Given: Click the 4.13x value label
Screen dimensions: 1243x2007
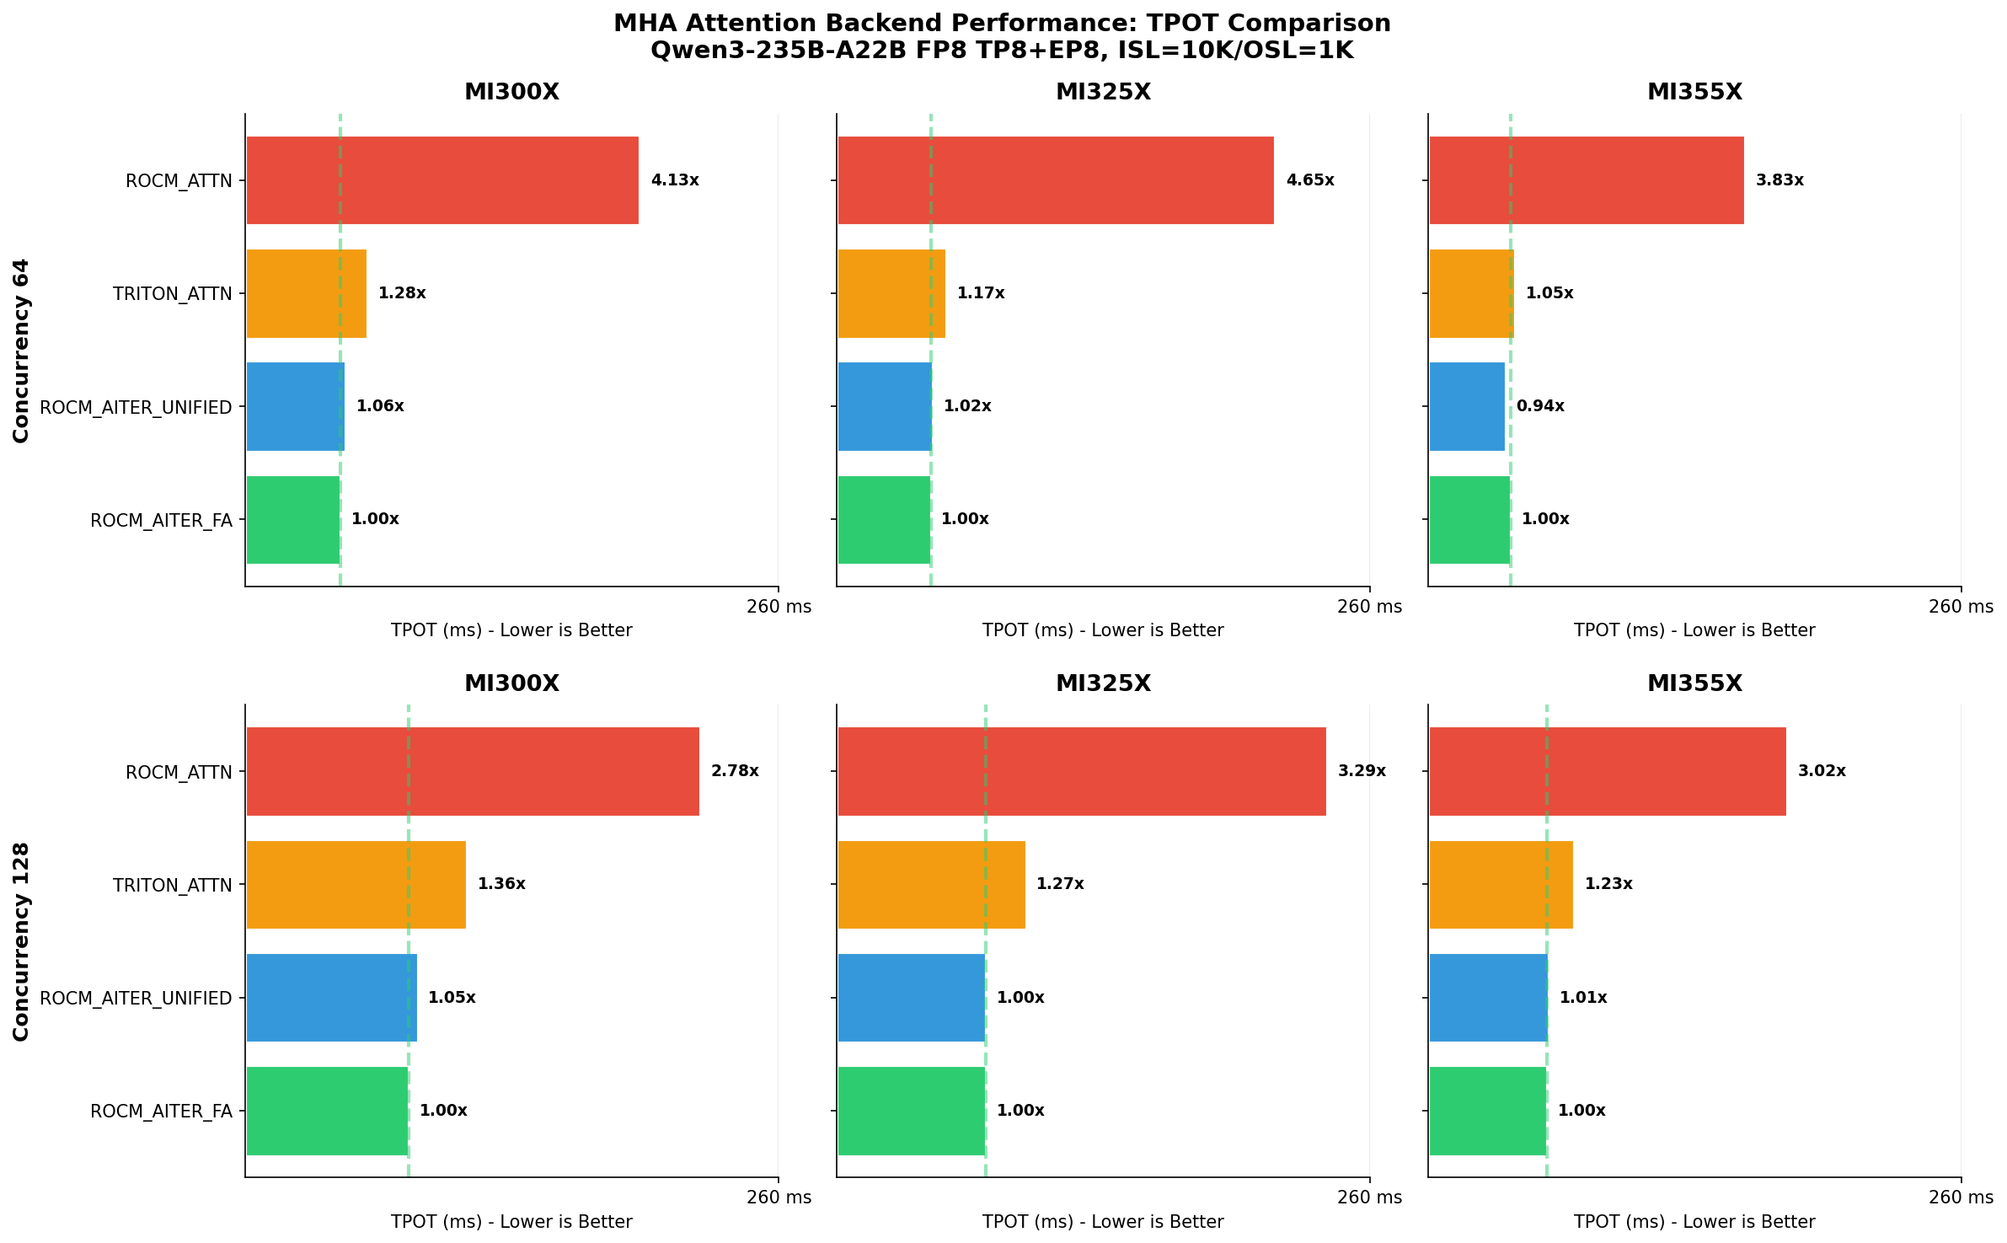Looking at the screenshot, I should point(674,180).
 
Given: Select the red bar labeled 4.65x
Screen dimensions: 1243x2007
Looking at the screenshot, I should point(1055,180).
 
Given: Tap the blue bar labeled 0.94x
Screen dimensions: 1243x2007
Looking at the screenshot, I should point(1466,406).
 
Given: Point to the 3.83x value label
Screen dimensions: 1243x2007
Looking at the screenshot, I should point(1780,180).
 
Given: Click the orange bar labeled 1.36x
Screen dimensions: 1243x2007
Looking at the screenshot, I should point(356,884).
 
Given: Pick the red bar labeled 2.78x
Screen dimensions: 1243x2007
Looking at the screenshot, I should point(472,771).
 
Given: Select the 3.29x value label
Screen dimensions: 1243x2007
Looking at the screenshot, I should point(1362,771).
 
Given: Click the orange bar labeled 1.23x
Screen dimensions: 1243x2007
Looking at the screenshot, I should point(1501,884).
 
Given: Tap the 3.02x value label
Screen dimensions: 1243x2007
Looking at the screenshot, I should point(1822,771).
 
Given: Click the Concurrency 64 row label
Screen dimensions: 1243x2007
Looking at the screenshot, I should point(21,351).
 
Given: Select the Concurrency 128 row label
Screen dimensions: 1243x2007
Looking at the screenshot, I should point(21,941).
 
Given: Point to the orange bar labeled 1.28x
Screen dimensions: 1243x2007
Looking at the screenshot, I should point(306,293).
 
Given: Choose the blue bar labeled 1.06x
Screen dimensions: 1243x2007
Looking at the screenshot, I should point(295,406).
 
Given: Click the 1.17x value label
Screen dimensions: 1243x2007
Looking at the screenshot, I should point(981,293).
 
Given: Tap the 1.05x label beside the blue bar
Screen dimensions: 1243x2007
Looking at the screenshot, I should point(452,998).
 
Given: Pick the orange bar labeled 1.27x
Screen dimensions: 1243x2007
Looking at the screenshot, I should point(931,884).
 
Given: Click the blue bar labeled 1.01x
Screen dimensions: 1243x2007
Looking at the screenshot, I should point(1488,998).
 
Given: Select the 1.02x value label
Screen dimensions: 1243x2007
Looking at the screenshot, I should point(967,406).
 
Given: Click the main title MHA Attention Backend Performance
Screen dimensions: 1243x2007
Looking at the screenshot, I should point(1002,23).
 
